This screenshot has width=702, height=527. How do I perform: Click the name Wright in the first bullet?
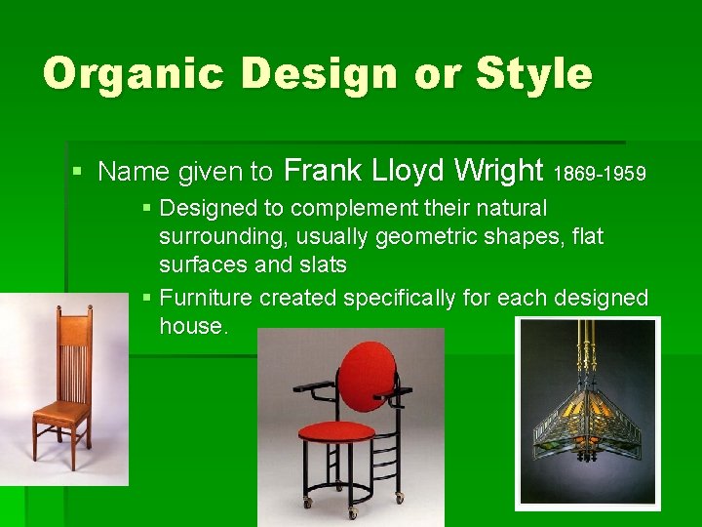(498, 172)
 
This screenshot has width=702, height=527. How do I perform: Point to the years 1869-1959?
(600, 175)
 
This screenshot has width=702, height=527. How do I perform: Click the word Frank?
(323, 172)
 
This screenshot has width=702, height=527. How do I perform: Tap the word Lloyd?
(409, 172)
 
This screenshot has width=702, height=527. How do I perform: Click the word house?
(193, 326)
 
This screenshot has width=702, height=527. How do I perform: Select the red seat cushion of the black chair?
(336, 430)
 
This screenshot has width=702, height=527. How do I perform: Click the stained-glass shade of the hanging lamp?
(586, 420)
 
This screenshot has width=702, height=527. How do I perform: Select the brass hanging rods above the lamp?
(587, 346)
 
